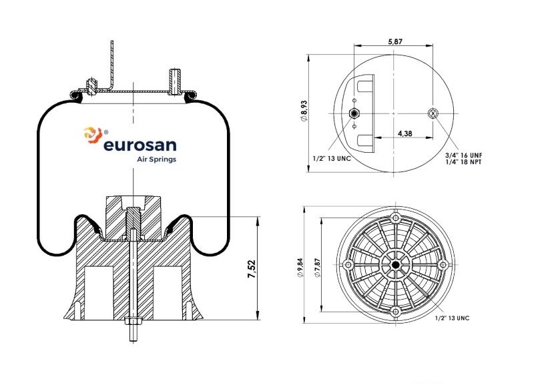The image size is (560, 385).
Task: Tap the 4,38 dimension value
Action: (404, 133)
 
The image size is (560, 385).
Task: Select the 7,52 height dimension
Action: (252, 268)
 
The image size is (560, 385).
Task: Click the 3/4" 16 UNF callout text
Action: (463, 155)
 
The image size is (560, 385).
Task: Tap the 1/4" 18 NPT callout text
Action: (463, 161)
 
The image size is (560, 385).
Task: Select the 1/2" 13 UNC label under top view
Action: (332, 159)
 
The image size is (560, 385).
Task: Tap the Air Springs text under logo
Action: (156, 159)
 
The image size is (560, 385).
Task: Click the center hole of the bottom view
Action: (395, 265)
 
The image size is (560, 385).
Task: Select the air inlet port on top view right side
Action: (434, 113)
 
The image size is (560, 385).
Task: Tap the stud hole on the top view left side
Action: (354, 113)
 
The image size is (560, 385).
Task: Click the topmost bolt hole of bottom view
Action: (396, 219)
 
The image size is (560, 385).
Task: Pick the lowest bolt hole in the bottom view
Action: (395, 312)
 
